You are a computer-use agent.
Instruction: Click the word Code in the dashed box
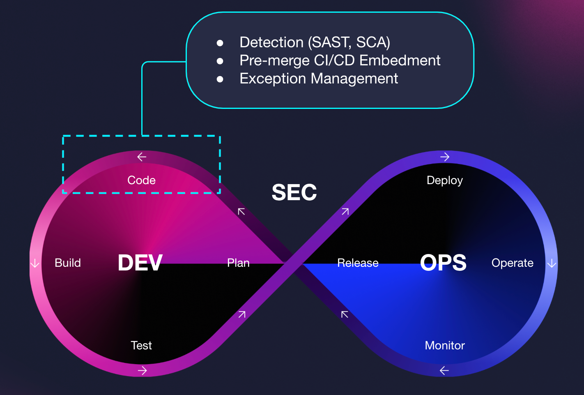(141, 180)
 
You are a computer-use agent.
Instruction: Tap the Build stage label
(68, 263)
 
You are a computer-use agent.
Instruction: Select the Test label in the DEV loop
(141, 345)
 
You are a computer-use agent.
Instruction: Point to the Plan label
(238, 263)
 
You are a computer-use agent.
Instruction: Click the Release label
(358, 263)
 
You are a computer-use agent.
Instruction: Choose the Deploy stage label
(445, 180)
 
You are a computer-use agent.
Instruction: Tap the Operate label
(512, 263)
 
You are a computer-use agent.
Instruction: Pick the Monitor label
(445, 345)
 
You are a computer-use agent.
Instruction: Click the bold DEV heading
(140, 263)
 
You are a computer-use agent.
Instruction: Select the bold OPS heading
(443, 263)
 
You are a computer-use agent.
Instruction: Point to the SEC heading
(294, 192)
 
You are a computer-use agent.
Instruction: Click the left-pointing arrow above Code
(142, 157)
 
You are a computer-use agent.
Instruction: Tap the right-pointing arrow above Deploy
(445, 157)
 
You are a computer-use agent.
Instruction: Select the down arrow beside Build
(35, 263)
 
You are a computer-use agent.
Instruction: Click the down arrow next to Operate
(552, 263)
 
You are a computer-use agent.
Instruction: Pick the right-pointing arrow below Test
(142, 370)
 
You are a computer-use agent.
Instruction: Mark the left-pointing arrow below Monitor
(444, 370)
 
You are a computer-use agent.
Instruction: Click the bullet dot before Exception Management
(220, 79)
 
